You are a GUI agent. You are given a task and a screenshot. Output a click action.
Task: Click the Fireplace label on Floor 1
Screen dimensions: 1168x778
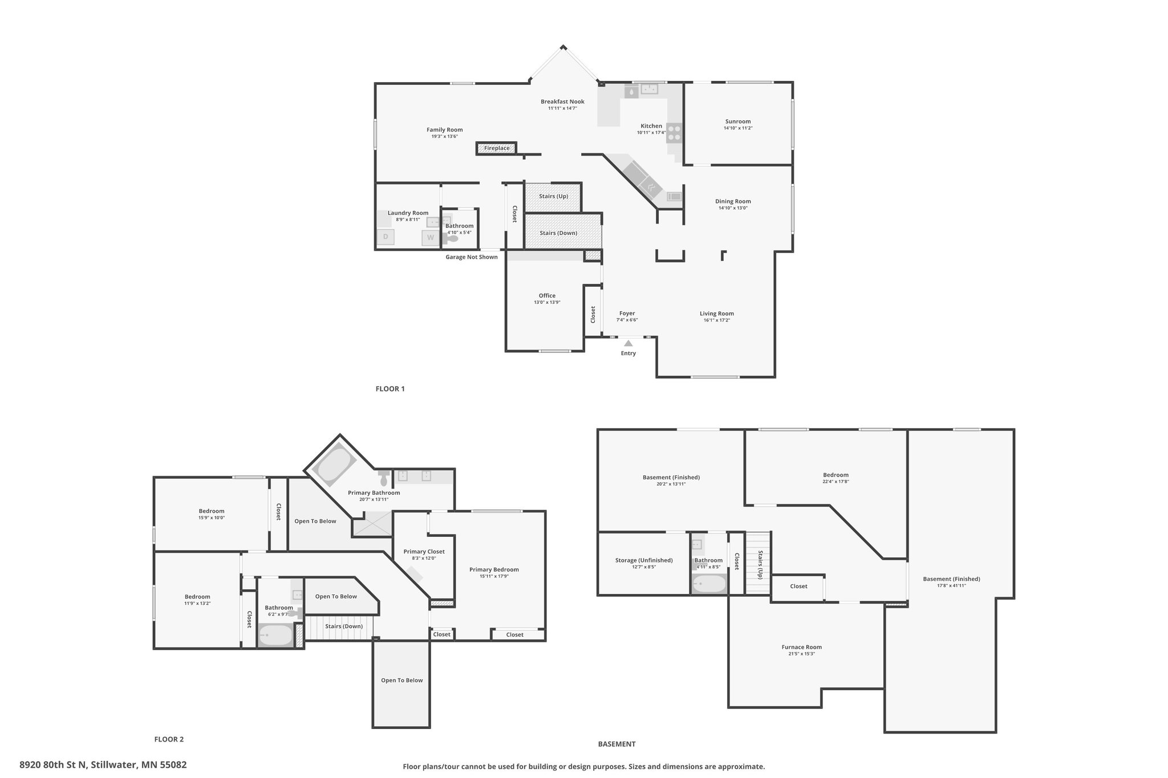click(497, 148)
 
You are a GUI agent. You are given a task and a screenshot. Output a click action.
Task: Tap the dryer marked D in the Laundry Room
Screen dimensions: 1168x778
click(386, 237)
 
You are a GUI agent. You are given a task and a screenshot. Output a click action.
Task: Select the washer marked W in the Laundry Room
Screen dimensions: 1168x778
click(431, 237)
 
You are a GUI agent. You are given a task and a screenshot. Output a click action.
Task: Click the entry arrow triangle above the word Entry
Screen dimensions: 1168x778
click(628, 343)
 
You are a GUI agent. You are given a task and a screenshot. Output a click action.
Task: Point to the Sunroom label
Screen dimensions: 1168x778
click(738, 121)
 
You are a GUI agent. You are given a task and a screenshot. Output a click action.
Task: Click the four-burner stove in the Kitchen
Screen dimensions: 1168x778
click(675, 132)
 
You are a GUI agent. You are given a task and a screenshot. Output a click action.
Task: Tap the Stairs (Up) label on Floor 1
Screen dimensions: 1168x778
click(553, 196)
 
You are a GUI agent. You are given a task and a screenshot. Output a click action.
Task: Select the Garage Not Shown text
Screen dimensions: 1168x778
click(472, 257)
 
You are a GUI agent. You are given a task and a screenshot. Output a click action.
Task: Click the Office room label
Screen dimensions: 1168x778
click(547, 295)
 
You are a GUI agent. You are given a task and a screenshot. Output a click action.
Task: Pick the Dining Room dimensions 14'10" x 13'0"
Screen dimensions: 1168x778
click(733, 208)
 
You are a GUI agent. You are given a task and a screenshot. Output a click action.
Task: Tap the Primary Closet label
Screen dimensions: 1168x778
click(424, 551)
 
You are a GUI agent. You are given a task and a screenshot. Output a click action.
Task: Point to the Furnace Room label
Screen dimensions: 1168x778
click(801, 647)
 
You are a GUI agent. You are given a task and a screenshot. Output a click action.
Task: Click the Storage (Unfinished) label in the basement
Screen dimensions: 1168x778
click(644, 560)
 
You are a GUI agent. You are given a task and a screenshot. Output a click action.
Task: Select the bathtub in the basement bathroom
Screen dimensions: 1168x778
click(709, 584)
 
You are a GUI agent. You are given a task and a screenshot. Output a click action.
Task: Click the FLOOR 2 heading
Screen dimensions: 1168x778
click(169, 739)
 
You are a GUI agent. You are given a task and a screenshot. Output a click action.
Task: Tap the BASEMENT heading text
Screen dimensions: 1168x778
click(617, 744)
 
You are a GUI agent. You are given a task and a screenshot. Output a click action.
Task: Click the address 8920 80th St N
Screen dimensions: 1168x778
click(54, 765)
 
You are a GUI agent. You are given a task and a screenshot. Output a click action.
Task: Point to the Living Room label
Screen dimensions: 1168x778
click(717, 313)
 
